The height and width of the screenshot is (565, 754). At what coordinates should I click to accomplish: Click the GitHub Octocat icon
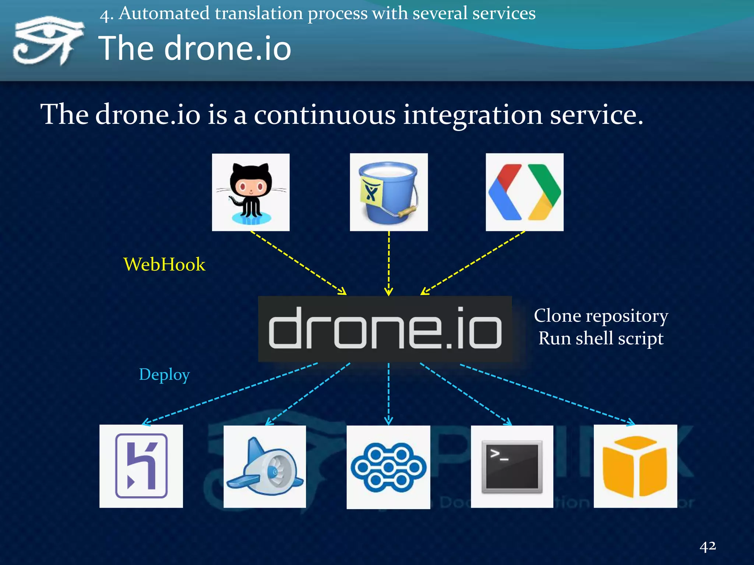tap(251, 192)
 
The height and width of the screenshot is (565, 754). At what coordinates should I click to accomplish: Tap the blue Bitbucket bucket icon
tap(388, 192)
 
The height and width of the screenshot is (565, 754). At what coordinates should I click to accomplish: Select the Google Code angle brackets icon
tap(524, 192)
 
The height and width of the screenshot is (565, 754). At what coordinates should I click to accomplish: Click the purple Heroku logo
tap(141, 466)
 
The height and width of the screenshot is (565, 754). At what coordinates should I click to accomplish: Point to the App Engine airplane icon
tap(265, 467)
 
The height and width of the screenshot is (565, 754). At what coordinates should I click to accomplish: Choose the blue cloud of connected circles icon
tap(388, 467)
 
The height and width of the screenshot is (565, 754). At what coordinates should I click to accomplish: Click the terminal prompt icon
tap(512, 467)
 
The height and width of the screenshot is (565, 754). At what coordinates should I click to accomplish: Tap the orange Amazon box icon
tap(635, 466)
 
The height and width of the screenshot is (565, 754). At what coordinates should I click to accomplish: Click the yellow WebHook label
tap(164, 264)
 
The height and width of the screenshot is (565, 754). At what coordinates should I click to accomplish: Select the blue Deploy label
tap(164, 374)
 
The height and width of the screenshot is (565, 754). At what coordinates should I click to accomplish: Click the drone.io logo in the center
tap(385, 328)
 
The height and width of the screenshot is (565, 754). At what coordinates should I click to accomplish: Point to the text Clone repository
tap(601, 316)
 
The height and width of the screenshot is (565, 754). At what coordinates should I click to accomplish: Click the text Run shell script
tap(601, 338)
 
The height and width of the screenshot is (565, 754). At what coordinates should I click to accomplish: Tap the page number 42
tap(708, 546)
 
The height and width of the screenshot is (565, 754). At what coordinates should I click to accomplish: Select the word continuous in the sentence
tap(325, 115)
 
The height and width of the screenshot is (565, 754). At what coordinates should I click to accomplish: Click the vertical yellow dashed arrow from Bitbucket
tap(389, 263)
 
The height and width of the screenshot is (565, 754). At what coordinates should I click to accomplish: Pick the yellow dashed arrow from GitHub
tap(298, 263)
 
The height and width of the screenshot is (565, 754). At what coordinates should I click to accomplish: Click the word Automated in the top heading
tap(164, 14)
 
